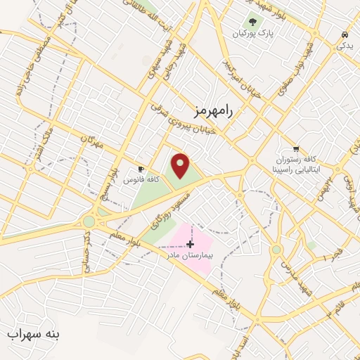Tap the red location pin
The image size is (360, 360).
click(181, 166)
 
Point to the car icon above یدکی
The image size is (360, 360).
click(344, 34)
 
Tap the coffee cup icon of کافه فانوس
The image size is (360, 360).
click(141, 169)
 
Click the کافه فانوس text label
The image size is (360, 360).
click(141, 180)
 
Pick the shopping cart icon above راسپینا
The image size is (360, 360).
click(296, 148)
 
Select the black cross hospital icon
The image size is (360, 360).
click(190, 244)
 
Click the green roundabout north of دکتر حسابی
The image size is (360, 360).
click(89, 221)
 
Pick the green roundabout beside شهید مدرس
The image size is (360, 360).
click(276, 250)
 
